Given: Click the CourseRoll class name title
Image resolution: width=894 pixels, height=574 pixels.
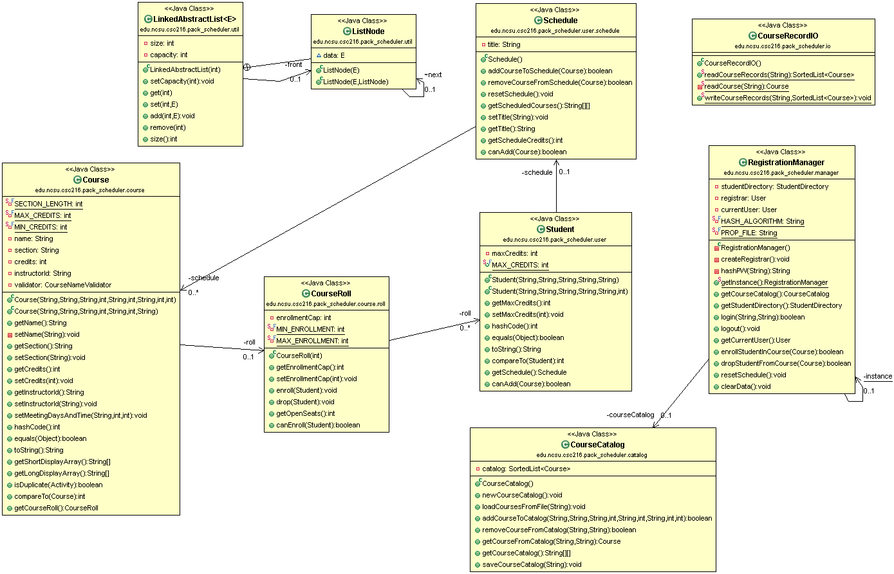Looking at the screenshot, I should tap(331, 294).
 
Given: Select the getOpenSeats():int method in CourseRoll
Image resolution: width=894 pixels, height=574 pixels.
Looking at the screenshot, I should tap(305, 413).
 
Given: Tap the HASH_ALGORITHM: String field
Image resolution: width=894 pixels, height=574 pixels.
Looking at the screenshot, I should tap(762, 221).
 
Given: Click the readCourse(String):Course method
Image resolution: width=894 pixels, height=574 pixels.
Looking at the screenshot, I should tap(746, 86).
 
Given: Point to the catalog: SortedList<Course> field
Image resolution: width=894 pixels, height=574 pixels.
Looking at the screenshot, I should tap(526, 469).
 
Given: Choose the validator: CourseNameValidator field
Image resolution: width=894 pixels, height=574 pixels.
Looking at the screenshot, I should tap(62, 285).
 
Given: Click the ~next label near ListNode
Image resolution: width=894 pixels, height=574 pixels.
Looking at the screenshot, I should tap(433, 75).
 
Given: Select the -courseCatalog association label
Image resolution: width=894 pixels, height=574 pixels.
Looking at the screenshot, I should tap(630, 415).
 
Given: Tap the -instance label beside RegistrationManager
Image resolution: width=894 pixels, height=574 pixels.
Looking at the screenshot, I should tap(878, 376).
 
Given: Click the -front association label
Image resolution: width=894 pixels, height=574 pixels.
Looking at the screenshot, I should tap(293, 64).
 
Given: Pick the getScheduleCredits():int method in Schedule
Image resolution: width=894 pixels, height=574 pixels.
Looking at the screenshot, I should tap(525, 140).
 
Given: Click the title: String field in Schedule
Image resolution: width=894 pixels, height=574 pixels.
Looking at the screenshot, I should tap(504, 44).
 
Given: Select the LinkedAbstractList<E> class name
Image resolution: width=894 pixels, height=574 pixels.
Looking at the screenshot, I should tap(194, 19).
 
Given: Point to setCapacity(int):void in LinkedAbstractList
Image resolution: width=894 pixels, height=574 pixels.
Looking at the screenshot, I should tap(182, 81).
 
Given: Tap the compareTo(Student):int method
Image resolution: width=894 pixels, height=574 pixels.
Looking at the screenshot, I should tap(528, 361).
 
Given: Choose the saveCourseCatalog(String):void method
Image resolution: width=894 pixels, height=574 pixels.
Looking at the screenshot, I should tap(532, 564).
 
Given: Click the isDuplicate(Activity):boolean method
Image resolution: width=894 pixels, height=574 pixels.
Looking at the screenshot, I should tap(58, 485).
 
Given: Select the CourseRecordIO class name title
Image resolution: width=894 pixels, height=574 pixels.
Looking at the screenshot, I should tap(788, 36).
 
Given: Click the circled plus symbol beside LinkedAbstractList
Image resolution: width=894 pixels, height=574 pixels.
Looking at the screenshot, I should tap(247, 66).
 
